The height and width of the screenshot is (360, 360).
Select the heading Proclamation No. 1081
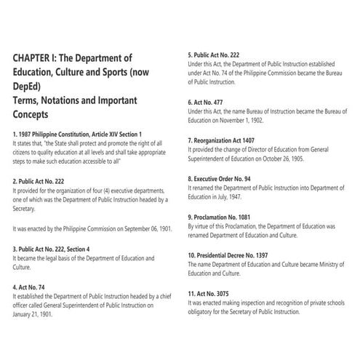[225, 217]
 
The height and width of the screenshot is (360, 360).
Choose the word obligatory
[204, 313]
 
